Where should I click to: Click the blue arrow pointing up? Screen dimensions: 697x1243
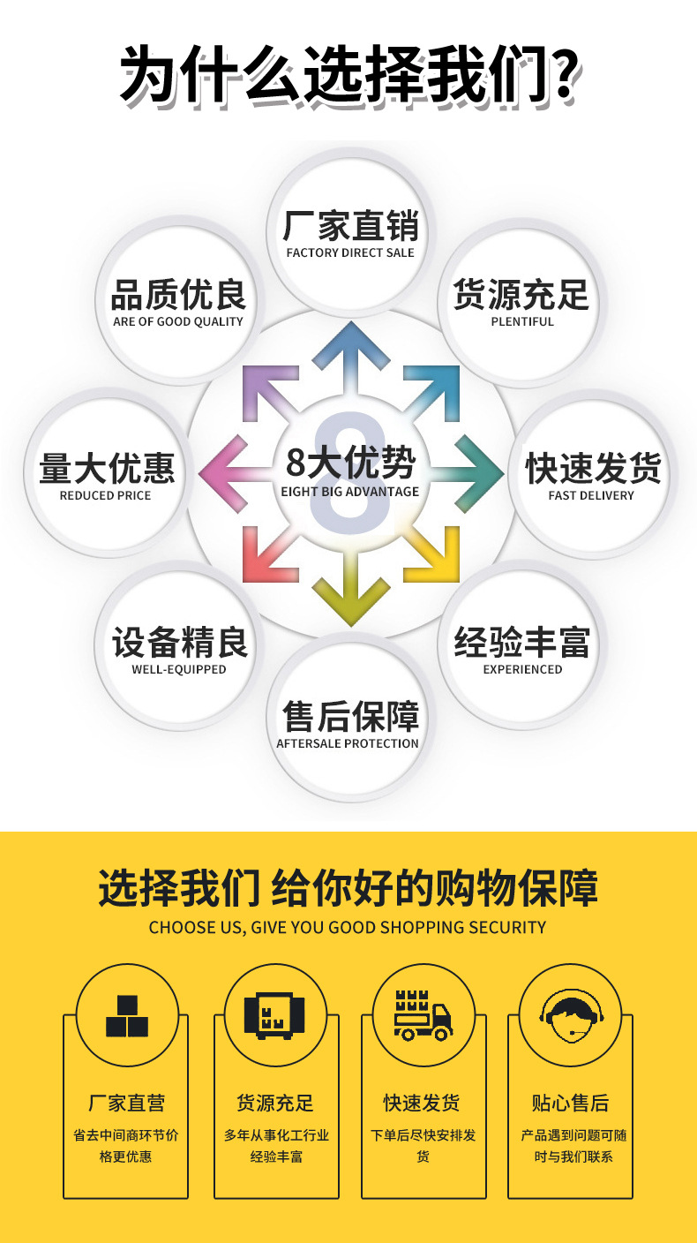pyautogui.click(x=351, y=358)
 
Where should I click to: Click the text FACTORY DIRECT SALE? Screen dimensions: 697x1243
pyautogui.click(x=350, y=253)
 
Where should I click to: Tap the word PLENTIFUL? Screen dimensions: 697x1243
pyautogui.click(x=522, y=322)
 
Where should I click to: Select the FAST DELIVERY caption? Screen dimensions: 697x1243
pyautogui.click(x=591, y=495)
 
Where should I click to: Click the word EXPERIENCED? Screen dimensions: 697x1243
pyautogui.click(x=522, y=669)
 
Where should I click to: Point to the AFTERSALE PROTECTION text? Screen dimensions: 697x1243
pyautogui.click(x=348, y=743)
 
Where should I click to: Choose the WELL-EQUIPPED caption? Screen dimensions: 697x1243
pyautogui.click(x=179, y=669)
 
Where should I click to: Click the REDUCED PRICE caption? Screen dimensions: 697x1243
pyautogui.click(x=105, y=495)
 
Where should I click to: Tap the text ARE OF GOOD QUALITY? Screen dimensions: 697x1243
pyautogui.click(x=178, y=322)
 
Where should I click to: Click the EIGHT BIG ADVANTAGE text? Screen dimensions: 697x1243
pyautogui.click(x=350, y=492)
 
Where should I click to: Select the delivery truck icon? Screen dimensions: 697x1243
pyautogui.click(x=423, y=1015)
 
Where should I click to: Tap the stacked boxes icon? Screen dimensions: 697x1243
pyautogui.click(x=127, y=1016)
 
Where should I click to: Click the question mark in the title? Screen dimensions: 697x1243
pyautogui.click(x=563, y=74)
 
